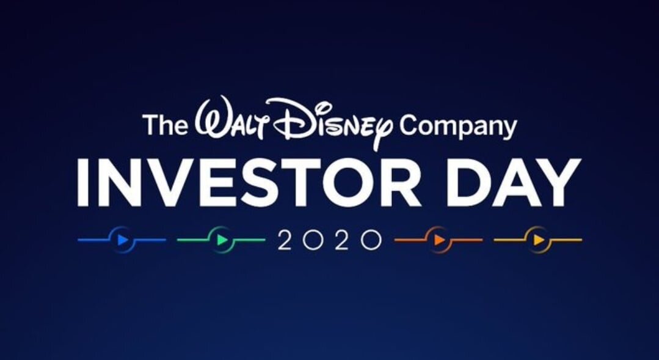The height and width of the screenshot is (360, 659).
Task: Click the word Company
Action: coord(458,127)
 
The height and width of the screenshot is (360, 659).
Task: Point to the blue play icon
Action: coord(123,240)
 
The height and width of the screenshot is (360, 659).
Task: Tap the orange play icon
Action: coord(439,240)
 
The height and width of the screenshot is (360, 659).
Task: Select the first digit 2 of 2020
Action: coord(285,240)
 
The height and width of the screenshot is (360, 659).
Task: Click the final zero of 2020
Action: coord(371,240)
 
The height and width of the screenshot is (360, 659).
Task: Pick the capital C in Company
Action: coord(410,126)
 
